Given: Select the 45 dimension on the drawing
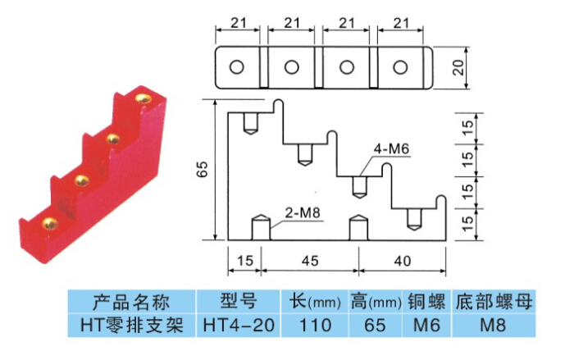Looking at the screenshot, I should click(309, 262).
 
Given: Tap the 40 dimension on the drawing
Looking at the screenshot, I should click(402, 262).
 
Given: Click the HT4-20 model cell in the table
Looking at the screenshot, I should click(235, 325).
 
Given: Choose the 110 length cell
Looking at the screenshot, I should click(314, 325).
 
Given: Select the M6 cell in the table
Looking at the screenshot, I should click(425, 325).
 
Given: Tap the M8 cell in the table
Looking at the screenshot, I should click(494, 325).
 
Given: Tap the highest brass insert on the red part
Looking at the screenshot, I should click(145, 98).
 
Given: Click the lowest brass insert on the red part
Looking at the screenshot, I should click(49, 223).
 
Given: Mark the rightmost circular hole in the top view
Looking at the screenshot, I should click(402, 66).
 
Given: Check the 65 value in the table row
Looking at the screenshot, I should click(374, 325).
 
